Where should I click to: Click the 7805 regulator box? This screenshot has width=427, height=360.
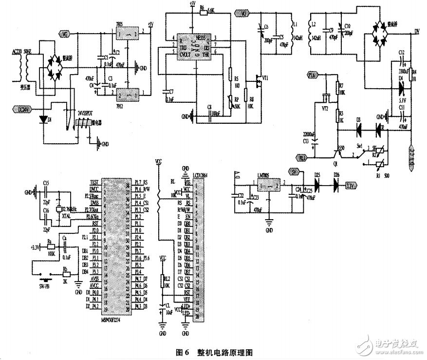tap(128, 34)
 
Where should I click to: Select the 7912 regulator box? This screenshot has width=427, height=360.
tap(128, 92)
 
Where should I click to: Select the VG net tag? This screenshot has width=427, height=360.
tap(65, 34)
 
